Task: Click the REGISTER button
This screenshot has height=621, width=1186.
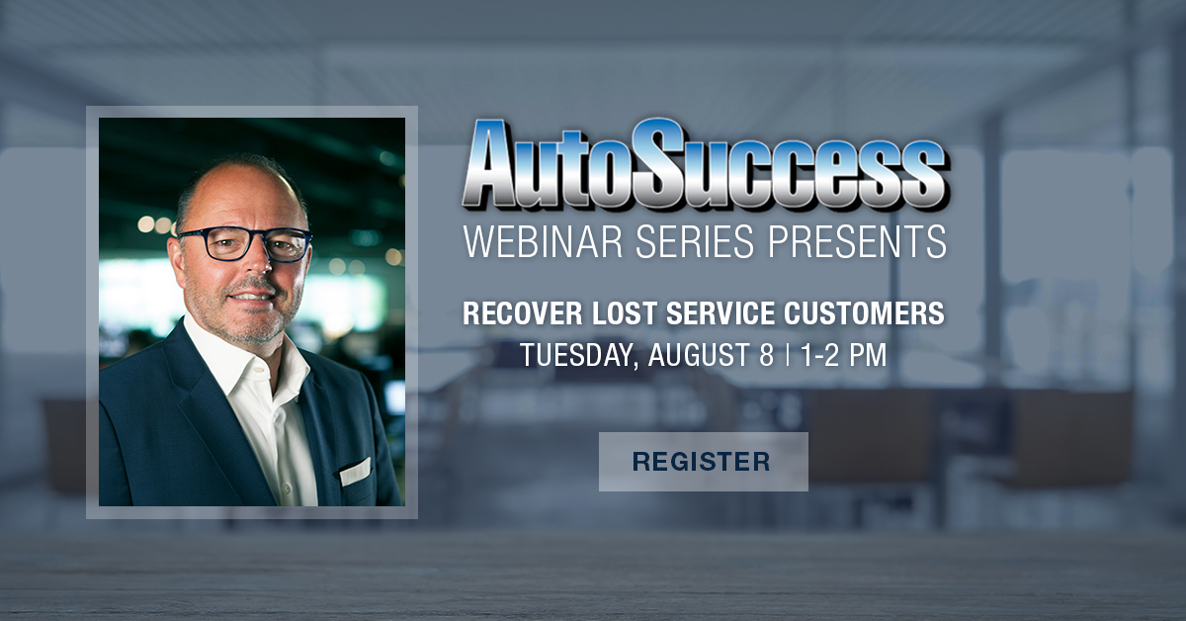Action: (703, 462)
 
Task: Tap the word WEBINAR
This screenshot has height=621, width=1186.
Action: (544, 241)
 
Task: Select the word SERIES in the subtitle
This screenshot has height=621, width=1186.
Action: (694, 241)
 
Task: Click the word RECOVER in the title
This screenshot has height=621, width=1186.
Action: (522, 313)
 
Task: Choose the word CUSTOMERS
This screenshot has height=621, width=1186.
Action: (864, 313)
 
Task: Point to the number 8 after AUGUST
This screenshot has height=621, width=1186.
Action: (766, 355)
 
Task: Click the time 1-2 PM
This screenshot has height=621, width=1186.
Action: (843, 355)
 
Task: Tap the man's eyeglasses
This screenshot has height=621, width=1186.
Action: (245, 244)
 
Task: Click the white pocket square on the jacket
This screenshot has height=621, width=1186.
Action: (355, 472)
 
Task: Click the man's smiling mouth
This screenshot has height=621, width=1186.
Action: (256, 295)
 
